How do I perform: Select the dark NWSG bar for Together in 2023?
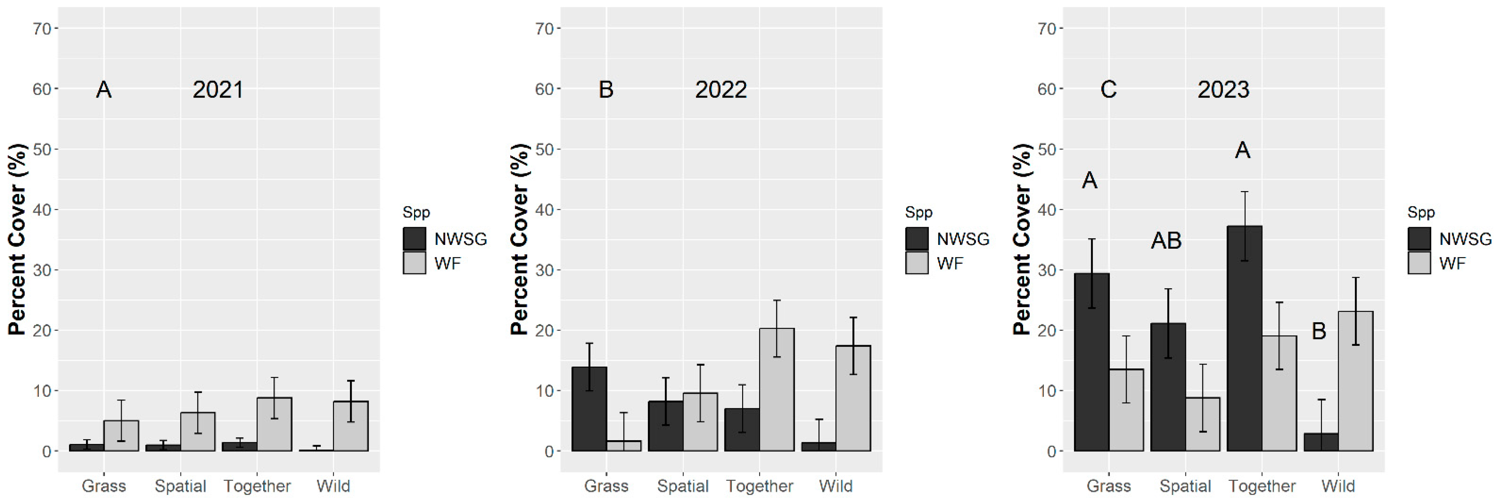coord(1244,338)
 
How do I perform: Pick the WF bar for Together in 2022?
coord(776,390)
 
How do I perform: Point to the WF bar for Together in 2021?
coord(274,424)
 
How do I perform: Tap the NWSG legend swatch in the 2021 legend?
coord(414,239)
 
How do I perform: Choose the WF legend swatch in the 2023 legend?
coord(1419,263)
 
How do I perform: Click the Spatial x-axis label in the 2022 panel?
coord(683,486)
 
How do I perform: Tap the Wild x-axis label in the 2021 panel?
coord(333,486)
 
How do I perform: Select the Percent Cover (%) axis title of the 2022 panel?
coord(519,239)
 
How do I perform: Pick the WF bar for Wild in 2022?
coord(853,399)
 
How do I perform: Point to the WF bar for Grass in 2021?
coord(121,436)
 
